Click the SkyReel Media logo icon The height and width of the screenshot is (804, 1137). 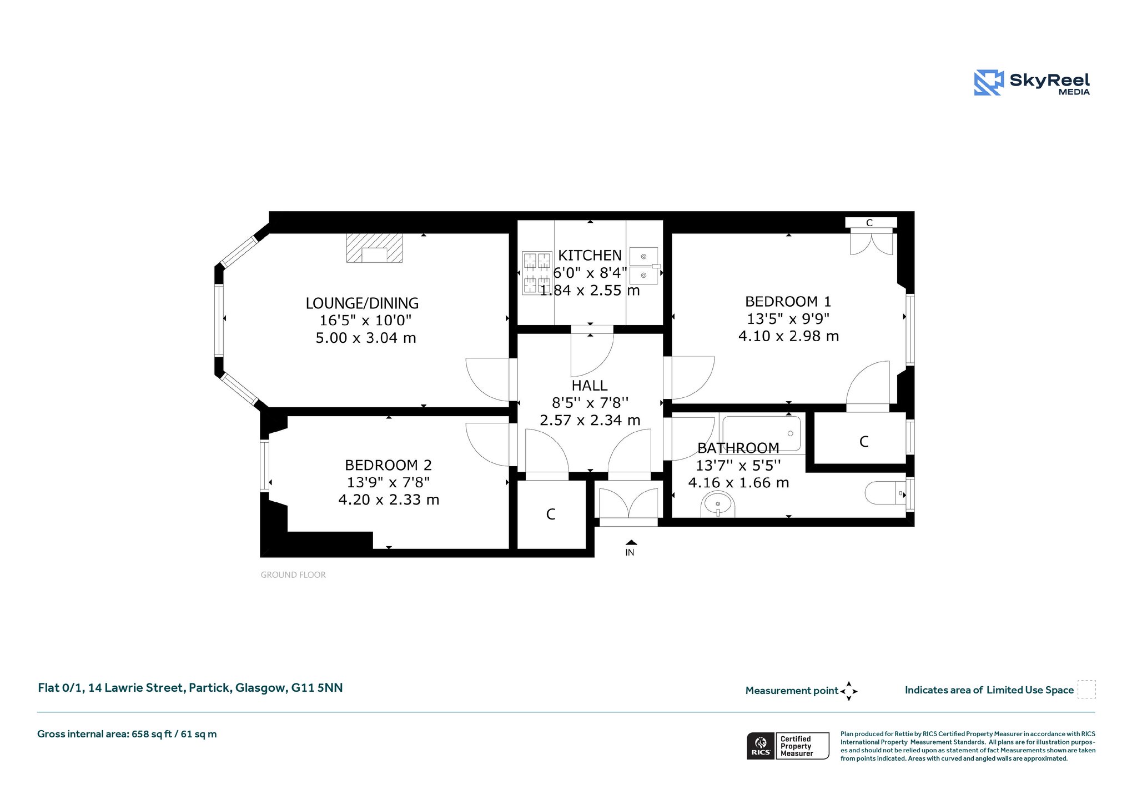989,83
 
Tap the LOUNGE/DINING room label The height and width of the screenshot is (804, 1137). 362,303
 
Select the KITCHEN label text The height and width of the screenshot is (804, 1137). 590,256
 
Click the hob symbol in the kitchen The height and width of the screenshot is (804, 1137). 537,272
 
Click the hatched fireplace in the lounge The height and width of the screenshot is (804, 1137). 374,248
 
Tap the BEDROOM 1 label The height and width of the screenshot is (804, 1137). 788,302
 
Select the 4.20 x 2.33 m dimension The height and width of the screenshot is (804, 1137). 389,500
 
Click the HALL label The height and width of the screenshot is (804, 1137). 590,386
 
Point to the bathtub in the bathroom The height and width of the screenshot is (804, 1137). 762,434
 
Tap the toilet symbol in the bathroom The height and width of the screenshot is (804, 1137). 887,493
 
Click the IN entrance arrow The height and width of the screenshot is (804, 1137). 631,542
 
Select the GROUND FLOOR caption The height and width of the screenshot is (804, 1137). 293,575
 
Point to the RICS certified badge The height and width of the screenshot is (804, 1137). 788,746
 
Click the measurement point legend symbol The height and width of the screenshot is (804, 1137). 849,691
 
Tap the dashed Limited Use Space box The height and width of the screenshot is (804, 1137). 1086,690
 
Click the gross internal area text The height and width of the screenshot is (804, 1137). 127,734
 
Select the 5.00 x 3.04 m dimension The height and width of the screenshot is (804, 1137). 366,338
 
